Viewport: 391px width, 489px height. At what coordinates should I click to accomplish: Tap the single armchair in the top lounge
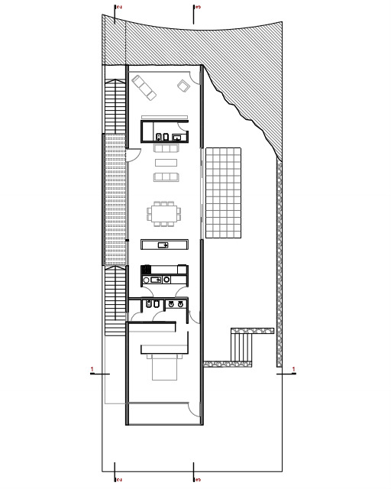coord(184,86)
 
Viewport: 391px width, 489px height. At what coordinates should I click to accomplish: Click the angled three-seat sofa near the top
coord(146,87)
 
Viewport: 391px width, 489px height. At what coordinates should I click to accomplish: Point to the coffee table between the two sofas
coord(166,162)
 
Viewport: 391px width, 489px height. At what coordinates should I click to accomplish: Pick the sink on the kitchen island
coord(163,244)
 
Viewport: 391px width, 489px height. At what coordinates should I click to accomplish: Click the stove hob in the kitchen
coord(147,269)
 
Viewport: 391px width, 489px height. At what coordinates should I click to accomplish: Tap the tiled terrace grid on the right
coord(223,191)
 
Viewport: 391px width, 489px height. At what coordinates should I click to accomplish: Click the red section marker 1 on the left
coord(92,371)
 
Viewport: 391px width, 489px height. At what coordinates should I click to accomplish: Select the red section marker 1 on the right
coord(294,371)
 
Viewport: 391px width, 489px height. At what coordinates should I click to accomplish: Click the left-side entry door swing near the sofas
coord(133,152)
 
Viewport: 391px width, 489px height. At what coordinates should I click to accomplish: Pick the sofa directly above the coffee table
coord(166,148)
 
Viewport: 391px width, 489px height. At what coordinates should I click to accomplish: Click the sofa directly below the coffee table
coord(166,177)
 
